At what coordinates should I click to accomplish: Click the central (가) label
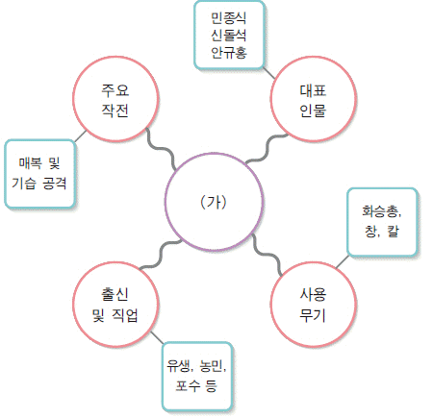pyautogui.click(x=214, y=202)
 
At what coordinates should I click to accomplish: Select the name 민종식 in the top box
pyautogui.click(x=229, y=17)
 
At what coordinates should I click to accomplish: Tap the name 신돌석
pyautogui.click(x=229, y=35)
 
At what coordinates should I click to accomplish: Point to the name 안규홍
pyautogui.click(x=229, y=52)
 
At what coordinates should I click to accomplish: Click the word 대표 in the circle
pyautogui.click(x=313, y=90)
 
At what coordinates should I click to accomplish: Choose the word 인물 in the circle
pyautogui.click(x=313, y=111)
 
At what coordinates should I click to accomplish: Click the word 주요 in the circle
pyautogui.click(x=115, y=90)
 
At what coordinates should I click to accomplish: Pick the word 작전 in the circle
pyautogui.click(x=115, y=111)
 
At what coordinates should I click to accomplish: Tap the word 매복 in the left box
pyautogui.click(x=30, y=163)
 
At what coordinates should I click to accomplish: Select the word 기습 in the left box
pyautogui.click(x=23, y=184)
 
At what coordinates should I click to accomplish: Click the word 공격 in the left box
pyautogui.click(x=55, y=184)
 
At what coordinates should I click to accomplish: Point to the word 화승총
pyautogui.click(x=381, y=211)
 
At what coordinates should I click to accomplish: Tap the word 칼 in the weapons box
pyautogui.click(x=394, y=231)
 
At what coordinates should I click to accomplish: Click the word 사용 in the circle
pyautogui.click(x=313, y=294)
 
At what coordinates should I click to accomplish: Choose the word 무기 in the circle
pyautogui.click(x=313, y=315)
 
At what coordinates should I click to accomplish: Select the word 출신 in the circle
pyautogui.click(x=115, y=294)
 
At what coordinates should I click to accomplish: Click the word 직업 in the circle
pyautogui.click(x=125, y=315)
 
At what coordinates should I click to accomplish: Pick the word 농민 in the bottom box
pyautogui.click(x=212, y=365)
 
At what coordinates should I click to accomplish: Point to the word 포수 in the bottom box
pyautogui.click(x=188, y=385)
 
